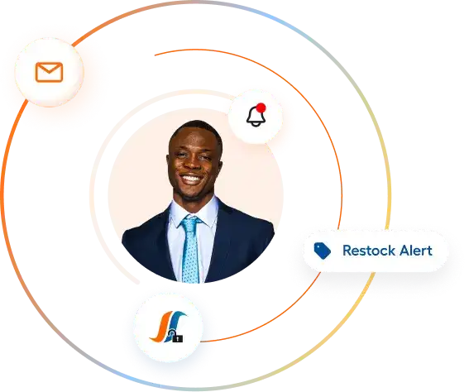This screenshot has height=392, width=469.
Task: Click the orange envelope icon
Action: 49,72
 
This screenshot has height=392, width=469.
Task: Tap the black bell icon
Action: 256,117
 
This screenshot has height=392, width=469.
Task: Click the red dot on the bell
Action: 261,108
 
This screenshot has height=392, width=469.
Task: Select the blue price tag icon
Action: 322,251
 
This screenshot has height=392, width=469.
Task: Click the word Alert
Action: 416,251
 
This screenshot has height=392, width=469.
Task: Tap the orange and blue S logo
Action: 168,327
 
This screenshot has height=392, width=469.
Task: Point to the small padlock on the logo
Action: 178,338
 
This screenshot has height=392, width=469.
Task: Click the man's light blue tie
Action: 190,249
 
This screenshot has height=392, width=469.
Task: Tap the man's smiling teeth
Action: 191,179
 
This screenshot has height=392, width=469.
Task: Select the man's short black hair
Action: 195,130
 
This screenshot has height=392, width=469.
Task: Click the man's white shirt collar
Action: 194,213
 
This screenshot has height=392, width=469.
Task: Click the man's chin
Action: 190,194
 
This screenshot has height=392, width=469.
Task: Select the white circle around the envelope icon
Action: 49,72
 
